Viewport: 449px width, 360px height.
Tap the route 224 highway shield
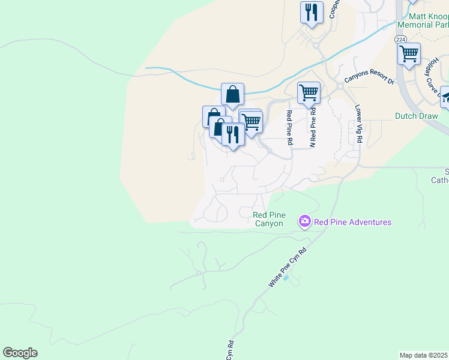pyautogui.click(x=400, y=39)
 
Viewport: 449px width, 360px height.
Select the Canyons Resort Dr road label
pyautogui.click(x=369, y=78)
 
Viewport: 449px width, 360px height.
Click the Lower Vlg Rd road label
pyautogui.click(x=359, y=124)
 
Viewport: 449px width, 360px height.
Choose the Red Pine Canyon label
pyautogui.click(x=268, y=219)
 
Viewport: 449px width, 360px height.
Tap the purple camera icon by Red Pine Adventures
pyautogui.click(x=305, y=222)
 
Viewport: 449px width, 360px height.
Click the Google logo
pyautogui.click(x=20, y=353)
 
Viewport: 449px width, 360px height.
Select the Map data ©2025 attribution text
pyautogui.click(x=423, y=355)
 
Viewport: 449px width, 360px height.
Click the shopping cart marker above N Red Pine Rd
pyautogui.click(x=309, y=93)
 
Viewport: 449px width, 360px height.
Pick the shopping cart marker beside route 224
pyautogui.click(x=409, y=53)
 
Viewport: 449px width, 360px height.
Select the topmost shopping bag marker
pyautogui.click(x=232, y=94)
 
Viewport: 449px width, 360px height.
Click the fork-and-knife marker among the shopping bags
pyautogui.click(x=233, y=134)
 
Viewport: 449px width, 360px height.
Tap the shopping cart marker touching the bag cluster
pyautogui.click(x=252, y=121)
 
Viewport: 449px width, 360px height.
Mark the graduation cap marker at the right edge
pyautogui.click(x=446, y=97)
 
